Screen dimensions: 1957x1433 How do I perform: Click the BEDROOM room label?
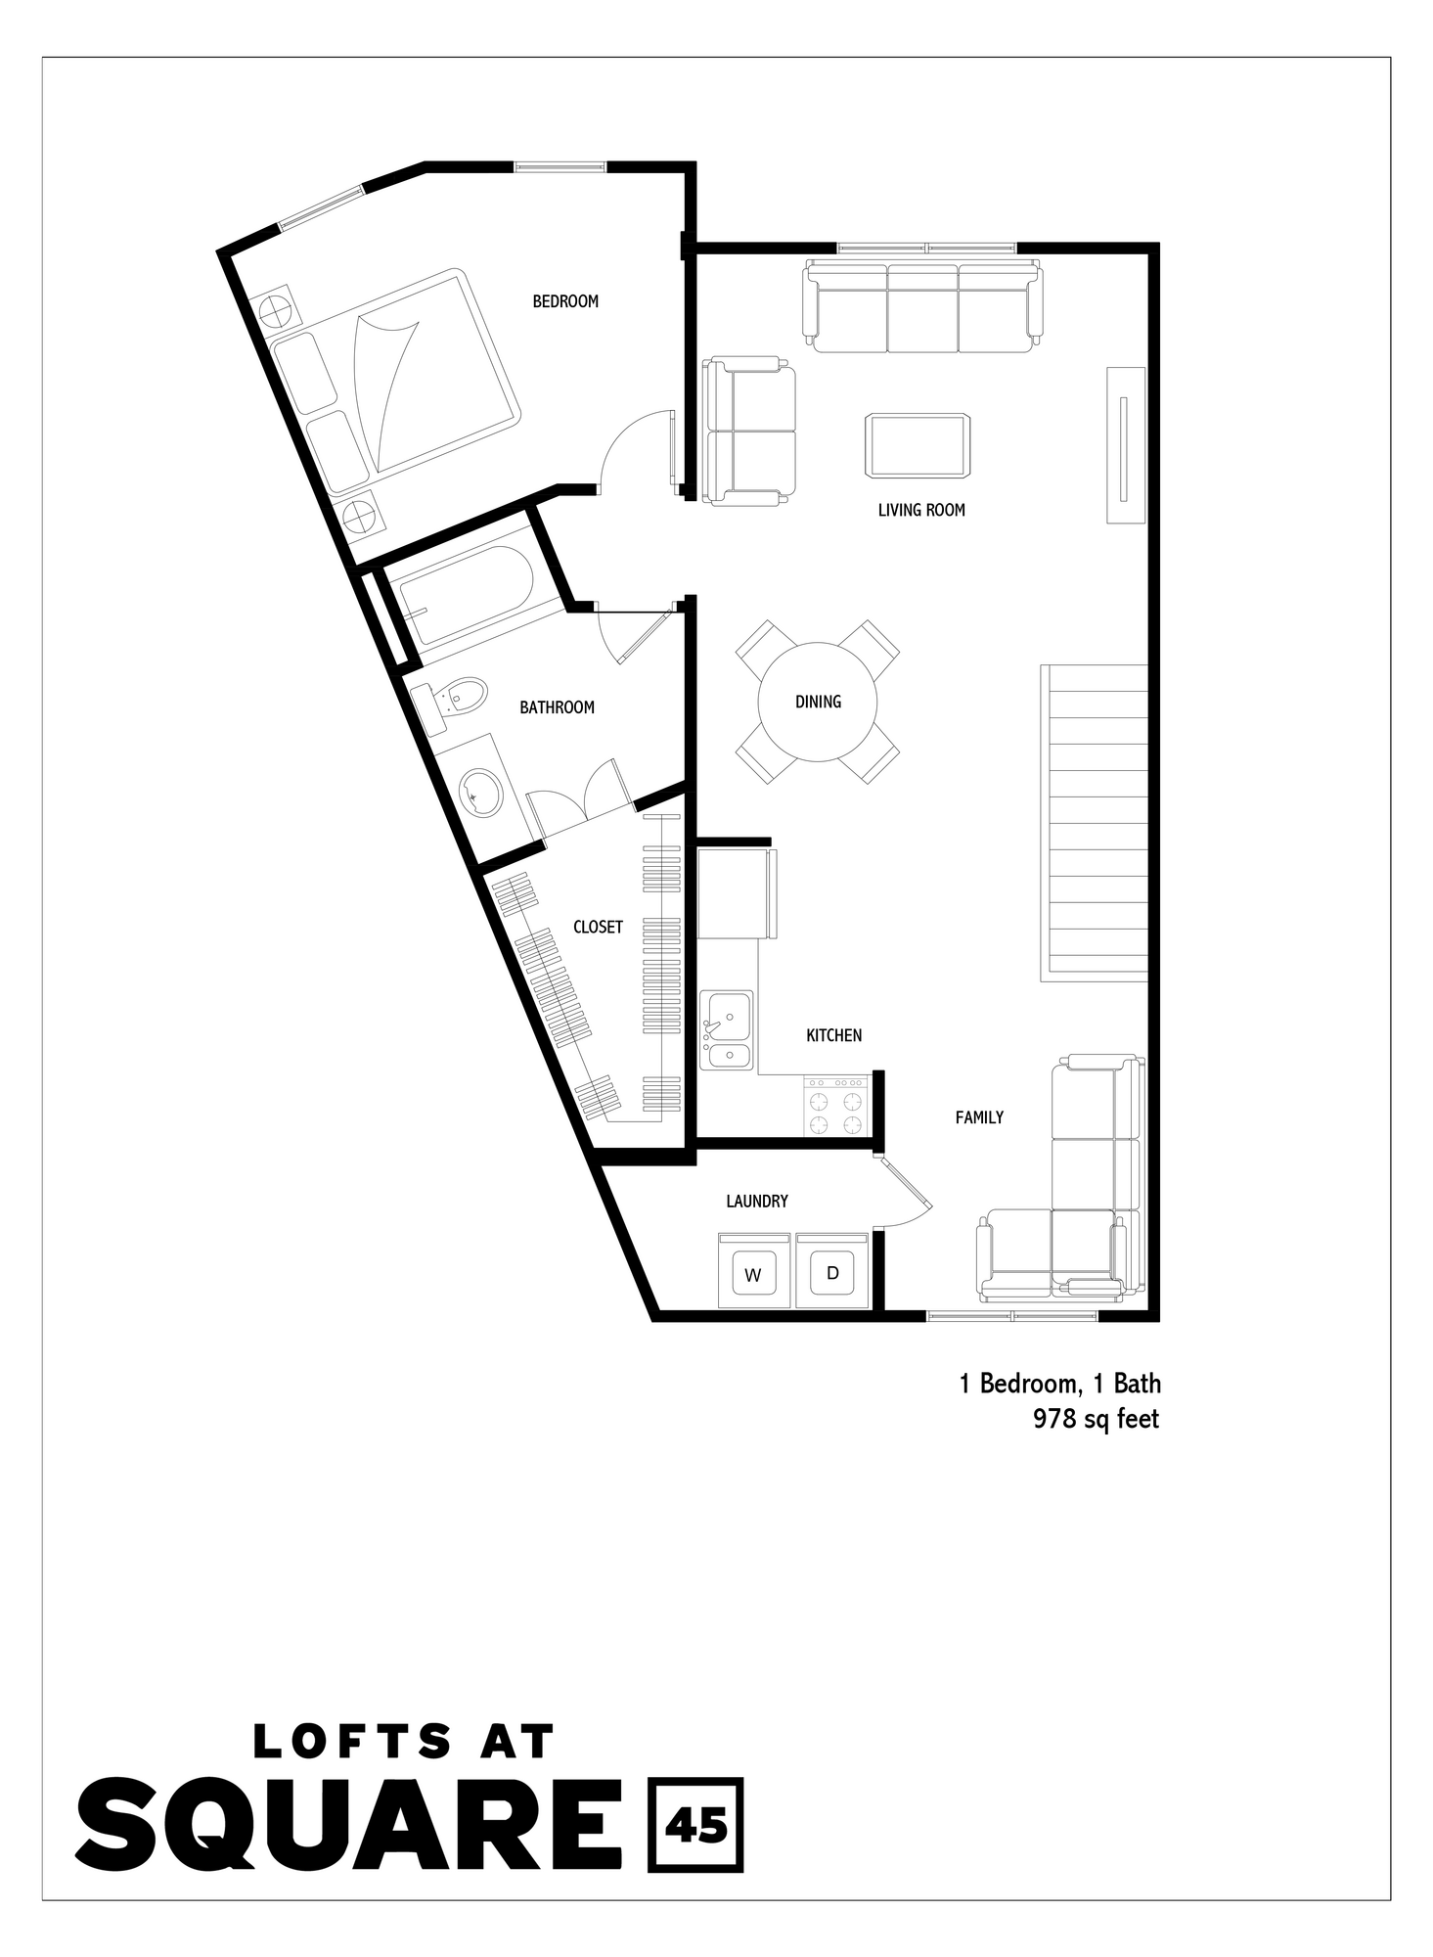point(565,301)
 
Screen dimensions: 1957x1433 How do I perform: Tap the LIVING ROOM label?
point(920,510)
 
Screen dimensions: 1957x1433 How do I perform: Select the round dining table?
point(818,702)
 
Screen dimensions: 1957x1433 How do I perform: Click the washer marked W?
point(753,1272)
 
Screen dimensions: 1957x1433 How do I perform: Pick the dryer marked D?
point(832,1271)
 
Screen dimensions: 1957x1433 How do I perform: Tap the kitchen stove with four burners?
point(836,1108)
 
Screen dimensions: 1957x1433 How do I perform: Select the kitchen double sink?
point(727,1030)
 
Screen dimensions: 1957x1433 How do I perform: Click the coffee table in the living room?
point(918,446)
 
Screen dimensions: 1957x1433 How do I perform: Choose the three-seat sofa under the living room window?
point(921,306)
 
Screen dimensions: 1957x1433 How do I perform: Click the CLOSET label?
point(598,927)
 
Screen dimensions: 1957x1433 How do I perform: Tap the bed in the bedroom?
point(396,382)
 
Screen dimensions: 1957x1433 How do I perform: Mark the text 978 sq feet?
point(1096,1419)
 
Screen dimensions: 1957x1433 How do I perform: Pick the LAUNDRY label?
point(756,1201)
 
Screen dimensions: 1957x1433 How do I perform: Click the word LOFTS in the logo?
point(352,1741)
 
